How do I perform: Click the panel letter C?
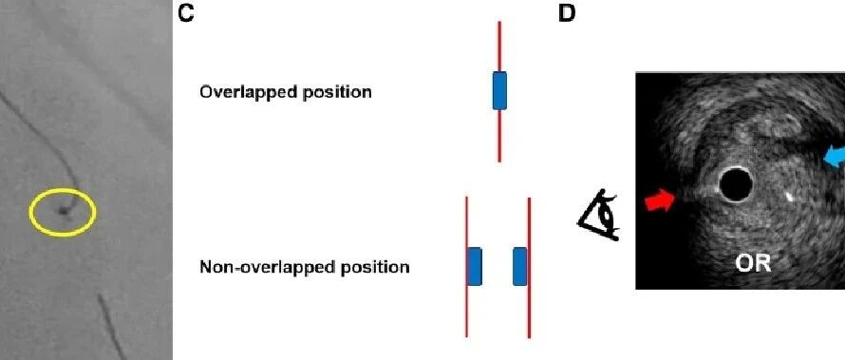186,13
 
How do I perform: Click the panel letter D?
567,13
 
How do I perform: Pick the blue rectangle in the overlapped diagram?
499,90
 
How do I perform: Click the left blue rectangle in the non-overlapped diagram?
474,266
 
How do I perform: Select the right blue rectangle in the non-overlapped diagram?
520,266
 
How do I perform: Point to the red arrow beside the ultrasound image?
660,201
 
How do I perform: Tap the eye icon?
599,217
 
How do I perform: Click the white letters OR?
754,264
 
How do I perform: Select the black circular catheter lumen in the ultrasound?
736,185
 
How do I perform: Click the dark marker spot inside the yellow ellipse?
65,211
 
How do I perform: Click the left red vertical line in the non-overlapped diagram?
467,267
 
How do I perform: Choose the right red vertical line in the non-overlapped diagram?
529,268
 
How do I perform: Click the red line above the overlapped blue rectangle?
499,47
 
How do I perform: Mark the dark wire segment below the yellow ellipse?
112,326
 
